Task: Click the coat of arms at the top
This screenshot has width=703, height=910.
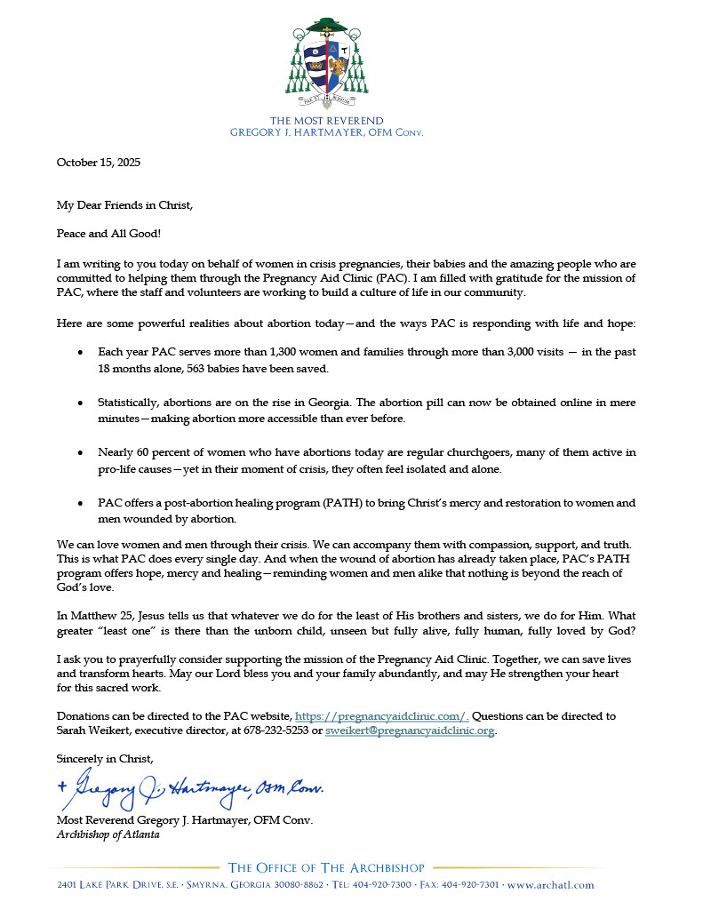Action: coord(326,62)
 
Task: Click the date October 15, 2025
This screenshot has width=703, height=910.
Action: coord(99,163)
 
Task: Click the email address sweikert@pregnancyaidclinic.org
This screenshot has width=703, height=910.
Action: coord(410,730)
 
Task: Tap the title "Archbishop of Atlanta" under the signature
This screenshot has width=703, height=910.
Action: coord(108,834)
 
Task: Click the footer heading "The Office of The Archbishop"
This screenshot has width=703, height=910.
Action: coord(326,867)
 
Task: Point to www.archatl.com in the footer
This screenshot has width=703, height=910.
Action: coord(550,885)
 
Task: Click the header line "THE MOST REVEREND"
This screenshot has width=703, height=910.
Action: coord(326,121)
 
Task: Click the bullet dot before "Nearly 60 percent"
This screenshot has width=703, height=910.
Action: coord(80,453)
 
